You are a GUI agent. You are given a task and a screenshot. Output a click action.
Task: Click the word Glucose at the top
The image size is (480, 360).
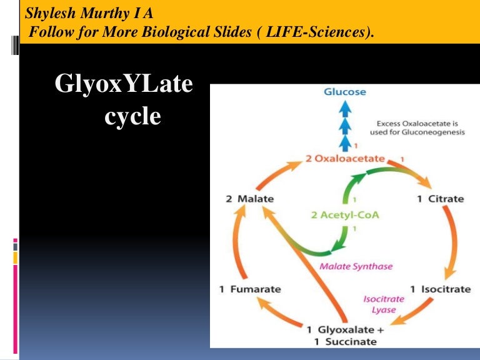(x=345, y=92)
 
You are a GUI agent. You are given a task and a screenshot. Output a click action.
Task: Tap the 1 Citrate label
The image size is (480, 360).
(x=441, y=199)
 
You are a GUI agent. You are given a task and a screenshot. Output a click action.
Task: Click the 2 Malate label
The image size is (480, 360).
(x=249, y=199)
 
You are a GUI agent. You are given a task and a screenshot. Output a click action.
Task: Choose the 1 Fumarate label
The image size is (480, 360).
(x=249, y=289)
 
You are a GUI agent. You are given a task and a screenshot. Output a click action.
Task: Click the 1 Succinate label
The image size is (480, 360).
(x=341, y=341)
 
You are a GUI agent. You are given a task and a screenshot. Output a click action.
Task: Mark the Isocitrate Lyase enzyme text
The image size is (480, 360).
(x=384, y=304)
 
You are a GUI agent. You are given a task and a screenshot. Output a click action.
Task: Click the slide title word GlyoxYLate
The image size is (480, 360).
(x=124, y=84)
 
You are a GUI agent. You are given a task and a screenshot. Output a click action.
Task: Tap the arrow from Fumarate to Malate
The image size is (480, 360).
(x=241, y=244)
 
